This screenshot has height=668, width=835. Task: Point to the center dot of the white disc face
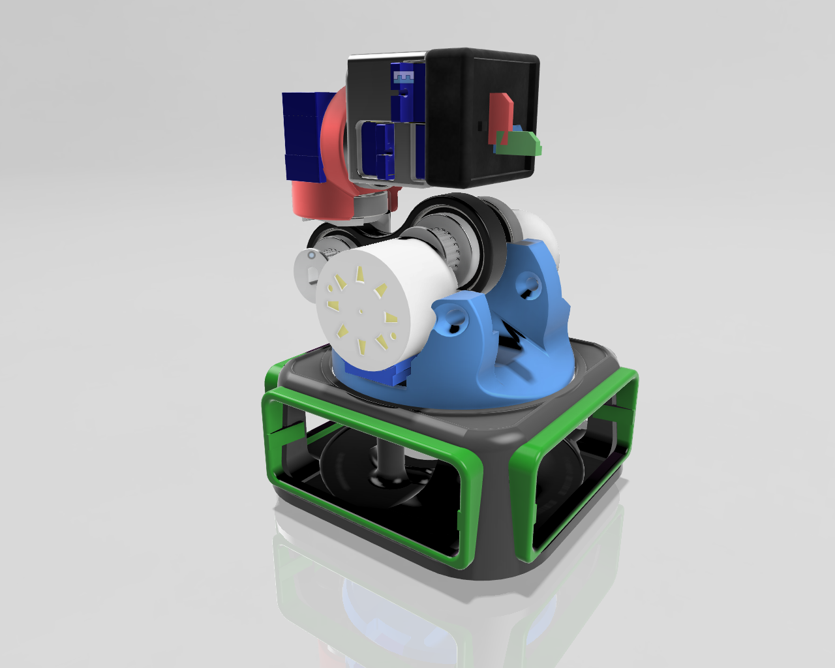point(361,312)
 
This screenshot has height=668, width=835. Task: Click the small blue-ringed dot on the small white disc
point(312,255)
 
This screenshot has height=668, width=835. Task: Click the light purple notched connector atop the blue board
point(402,78)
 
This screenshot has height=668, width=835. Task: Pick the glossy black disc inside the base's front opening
point(352,470)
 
